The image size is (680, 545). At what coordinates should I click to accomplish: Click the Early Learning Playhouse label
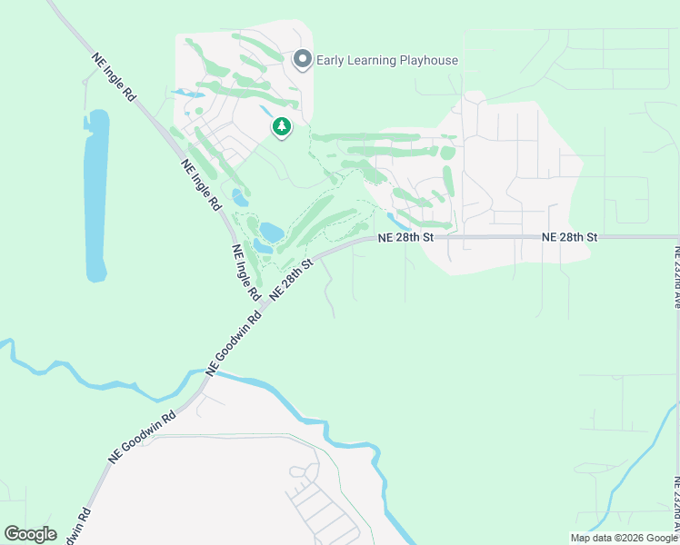386,61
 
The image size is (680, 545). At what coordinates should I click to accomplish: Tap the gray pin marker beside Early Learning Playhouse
303,60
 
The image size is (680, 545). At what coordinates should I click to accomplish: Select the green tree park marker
282,127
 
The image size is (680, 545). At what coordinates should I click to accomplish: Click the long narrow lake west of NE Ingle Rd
95,195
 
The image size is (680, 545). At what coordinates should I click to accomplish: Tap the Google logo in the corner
30,534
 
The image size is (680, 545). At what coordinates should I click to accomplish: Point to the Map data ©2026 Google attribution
624,538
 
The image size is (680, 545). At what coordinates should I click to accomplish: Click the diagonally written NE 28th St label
290,279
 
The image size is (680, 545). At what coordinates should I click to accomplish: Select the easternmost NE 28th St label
569,237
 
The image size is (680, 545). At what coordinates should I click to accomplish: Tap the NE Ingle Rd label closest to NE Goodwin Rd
245,272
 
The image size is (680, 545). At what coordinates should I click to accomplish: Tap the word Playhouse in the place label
426,61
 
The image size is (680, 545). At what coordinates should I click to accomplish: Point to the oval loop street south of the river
300,472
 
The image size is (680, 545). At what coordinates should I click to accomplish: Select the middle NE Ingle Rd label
201,185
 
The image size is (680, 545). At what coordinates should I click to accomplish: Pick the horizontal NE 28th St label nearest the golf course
406,237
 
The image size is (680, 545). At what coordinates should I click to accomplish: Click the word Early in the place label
332,61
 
